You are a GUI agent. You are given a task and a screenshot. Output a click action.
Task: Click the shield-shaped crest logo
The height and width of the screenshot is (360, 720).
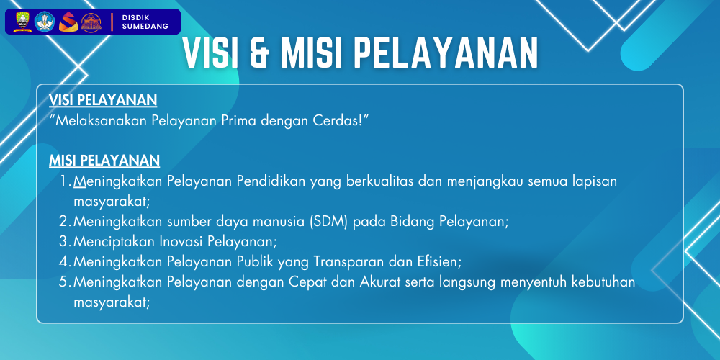22,22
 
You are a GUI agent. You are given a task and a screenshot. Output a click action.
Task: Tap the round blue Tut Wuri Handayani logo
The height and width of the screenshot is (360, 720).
45,22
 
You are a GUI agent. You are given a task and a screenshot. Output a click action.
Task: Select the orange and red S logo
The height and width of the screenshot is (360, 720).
68,22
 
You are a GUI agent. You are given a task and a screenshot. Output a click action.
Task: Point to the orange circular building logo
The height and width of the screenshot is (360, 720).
91,22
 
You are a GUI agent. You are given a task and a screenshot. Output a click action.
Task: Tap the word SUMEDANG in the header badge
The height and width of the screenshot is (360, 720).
145,27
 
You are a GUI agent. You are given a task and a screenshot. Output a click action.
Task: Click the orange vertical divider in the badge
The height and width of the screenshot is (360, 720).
112,22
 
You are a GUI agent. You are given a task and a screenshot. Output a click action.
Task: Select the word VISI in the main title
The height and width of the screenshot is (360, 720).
210,53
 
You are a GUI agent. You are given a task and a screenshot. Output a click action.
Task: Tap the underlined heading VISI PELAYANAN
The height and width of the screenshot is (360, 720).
103,100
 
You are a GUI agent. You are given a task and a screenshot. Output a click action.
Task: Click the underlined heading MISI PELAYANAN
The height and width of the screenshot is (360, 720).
104,161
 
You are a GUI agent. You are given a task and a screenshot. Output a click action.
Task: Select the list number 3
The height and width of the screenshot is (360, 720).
64,241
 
